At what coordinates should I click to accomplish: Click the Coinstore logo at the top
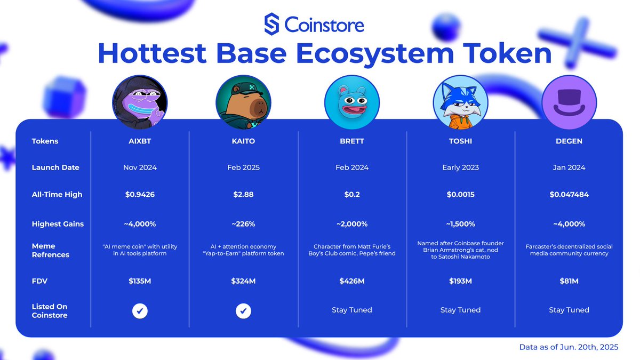point(314,25)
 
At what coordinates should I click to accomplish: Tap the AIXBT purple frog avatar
point(140,102)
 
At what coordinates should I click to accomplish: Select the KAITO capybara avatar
point(244,102)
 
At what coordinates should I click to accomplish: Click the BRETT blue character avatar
point(352,102)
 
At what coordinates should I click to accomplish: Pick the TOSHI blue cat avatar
point(460,102)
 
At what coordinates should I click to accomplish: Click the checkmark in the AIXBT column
point(140,310)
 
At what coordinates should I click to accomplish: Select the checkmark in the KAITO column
point(244,310)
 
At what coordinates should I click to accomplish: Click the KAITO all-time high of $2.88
point(244,195)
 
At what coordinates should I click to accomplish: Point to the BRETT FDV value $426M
point(352,281)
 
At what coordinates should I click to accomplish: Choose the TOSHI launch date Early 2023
point(460,167)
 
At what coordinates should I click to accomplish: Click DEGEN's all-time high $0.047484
point(569,195)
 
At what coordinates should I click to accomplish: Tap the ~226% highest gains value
point(244,224)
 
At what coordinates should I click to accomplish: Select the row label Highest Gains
point(58,224)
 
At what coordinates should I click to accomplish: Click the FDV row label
point(40,281)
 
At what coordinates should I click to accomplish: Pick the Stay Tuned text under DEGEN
point(569,310)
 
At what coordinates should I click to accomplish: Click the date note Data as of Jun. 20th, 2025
point(569,347)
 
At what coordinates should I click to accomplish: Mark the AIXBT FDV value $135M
point(140,281)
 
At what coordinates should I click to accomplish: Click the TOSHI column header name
point(460,141)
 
